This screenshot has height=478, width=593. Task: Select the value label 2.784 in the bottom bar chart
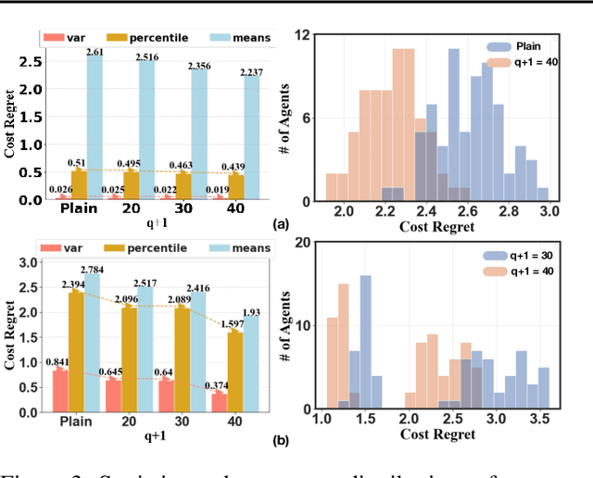coord(94,269)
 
